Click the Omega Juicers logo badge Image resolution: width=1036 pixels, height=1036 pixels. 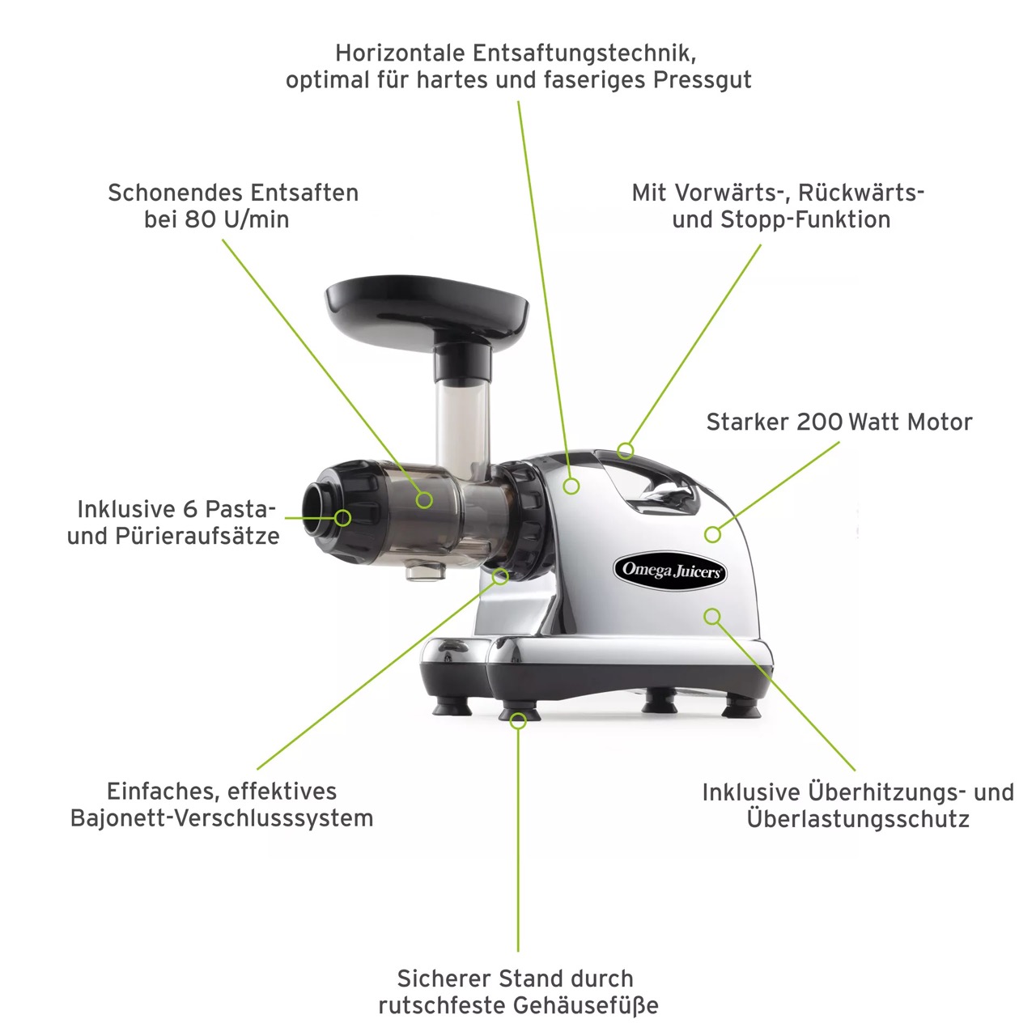point(670,571)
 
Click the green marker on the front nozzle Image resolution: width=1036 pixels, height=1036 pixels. point(342,518)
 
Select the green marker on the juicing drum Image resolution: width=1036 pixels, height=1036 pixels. point(424,500)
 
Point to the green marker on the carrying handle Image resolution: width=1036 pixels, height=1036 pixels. point(626,451)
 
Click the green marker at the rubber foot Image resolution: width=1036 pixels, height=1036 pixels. point(518,721)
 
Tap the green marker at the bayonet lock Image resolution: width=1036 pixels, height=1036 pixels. point(500,577)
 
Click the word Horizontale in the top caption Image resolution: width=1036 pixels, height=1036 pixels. point(400,53)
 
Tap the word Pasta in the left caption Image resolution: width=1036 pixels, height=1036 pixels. point(240,509)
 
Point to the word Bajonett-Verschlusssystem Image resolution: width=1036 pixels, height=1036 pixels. point(222,818)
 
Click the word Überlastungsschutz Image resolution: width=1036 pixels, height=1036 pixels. point(858,819)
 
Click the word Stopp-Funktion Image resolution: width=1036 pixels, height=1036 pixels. point(805,219)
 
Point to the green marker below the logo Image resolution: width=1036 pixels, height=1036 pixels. point(712,617)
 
